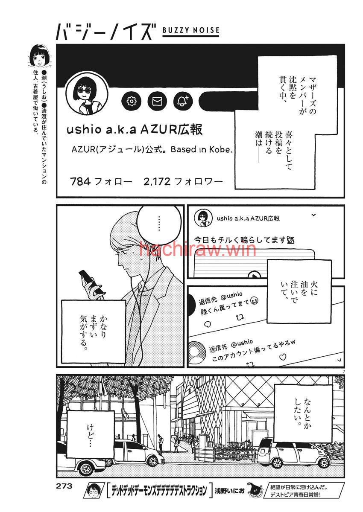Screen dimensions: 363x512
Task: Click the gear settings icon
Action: point(131,101)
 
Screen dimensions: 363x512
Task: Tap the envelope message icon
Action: point(157,101)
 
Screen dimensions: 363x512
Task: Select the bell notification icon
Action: point(183,101)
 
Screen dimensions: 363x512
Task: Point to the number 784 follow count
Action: point(81,182)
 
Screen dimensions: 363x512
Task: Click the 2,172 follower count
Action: point(157,182)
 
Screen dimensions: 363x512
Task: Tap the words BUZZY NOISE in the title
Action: point(191,30)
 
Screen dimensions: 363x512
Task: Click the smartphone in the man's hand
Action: point(88,281)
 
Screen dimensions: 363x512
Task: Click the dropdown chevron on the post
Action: point(314,215)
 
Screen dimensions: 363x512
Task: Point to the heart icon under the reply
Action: point(283,356)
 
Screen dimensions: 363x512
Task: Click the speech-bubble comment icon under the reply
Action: point(208,324)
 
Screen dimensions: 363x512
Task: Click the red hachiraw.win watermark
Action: point(198,249)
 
